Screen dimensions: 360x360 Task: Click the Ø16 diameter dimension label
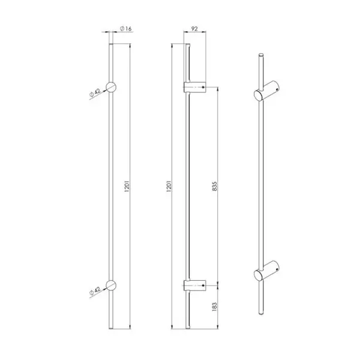point(125,29)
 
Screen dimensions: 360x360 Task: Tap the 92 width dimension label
point(194,29)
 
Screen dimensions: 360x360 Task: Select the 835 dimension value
point(214,186)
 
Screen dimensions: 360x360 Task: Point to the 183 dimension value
point(214,307)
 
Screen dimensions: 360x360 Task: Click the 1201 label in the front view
point(127,186)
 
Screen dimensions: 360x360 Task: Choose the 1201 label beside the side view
point(169,186)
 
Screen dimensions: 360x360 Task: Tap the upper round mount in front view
point(111,87)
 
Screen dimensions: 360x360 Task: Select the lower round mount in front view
point(111,286)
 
